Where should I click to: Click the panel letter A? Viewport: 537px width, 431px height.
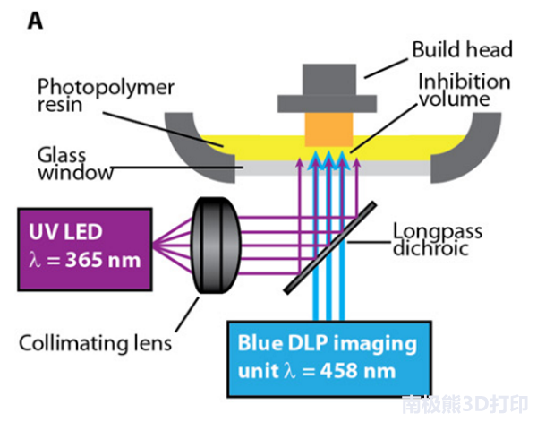(x=35, y=22)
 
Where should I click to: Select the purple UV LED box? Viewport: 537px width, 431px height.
(x=85, y=249)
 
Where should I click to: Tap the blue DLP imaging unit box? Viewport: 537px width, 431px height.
(x=328, y=359)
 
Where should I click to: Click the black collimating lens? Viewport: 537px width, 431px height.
(x=216, y=246)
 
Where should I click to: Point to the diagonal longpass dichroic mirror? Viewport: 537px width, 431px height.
(x=330, y=247)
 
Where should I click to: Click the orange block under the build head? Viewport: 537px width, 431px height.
(x=328, y=130)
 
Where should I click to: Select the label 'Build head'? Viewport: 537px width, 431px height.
(x=462, y=49)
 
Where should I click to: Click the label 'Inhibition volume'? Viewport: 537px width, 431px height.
(x=464, y=91)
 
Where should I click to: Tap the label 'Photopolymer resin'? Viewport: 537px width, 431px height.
(x=106, y=95)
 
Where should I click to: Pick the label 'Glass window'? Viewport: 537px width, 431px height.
(x=74, y=164)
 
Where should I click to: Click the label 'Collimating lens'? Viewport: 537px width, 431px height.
(x=95, y=343)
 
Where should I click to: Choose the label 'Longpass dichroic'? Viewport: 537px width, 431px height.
(x=438, y=239)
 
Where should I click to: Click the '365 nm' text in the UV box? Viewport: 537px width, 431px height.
(x=103, y=260)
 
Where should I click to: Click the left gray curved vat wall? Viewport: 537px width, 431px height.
(x=192, y=151)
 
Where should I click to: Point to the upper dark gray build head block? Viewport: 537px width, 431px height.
(x=329, y=79)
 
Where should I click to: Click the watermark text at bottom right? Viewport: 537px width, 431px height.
(x=465, y=405)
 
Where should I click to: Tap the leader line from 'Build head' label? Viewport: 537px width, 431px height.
(x=386, y=69)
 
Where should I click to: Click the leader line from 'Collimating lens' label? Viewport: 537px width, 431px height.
(x=187, y=315)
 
